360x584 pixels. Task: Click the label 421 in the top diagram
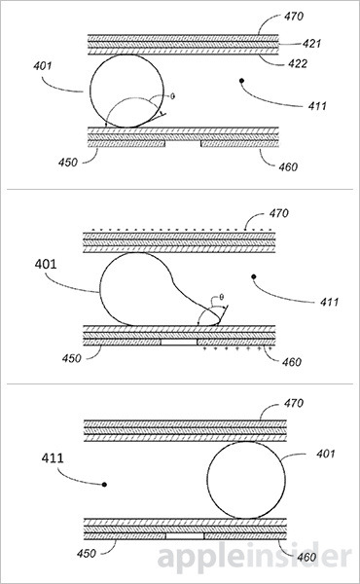(x=311, y=44)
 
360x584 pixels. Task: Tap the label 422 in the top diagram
(x=298, y=63)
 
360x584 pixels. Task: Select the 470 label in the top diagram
(x=294, y=17)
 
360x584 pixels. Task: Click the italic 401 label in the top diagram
(x=43, y=66)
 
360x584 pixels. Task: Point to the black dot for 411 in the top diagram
(x=241, y=80)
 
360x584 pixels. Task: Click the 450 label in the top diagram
(x=68, y=163)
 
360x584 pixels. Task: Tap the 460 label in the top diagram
(x=289, y=166)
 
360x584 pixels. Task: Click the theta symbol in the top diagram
(x=172, y=96)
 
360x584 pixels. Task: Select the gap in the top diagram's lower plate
(x=183, y=143)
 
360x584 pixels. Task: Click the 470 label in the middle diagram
(x=279, y=213)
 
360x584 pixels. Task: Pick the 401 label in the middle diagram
(x=46, y=264)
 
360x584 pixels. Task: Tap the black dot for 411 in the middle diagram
(x=254, y=276)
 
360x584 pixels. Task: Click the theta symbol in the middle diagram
(x=221, y=297)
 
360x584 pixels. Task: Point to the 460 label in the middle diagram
(x=292, y=362)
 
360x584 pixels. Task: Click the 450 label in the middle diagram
(x=71, y=358)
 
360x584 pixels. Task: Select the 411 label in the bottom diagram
(x=53, y=458)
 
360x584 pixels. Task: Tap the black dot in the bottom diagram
(x=105, y=484)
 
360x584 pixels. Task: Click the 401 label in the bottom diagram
(x=326, y=454)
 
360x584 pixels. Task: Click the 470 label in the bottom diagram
(x=294, y=403)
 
